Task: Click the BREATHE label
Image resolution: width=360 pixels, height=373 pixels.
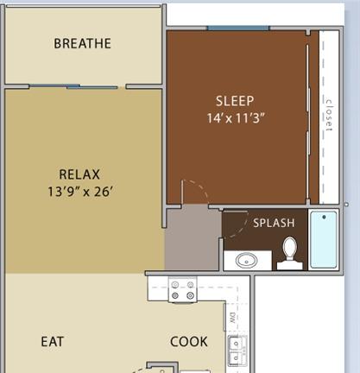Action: pyautogui.click(x=82, y=43)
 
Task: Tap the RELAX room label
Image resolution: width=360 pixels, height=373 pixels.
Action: pyautogui.click(x=79, y=174)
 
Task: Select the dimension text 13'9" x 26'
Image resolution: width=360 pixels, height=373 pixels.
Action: pyautogui.click(x=79, y=192)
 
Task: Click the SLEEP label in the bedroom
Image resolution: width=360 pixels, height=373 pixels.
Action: pyautogui.click(x=235, y=101)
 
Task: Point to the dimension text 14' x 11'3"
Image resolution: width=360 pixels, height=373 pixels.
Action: pyautogui.click(x=236, y=118)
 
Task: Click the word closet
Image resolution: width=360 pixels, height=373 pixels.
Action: pyautogui.click(x=329, y=115)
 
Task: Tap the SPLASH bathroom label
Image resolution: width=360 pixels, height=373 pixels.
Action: pyautogui.click(x=274, y=223)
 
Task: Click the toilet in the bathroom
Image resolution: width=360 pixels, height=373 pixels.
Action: pyautogui.click(x=290, y=254)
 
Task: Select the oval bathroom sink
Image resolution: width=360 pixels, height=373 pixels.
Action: pyautogui.click(x=246, y=261)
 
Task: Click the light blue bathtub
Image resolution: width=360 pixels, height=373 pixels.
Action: pyautogui.click(x=324, y=239)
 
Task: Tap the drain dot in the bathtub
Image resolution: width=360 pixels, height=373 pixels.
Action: pyautogui.click(x=325, y=217)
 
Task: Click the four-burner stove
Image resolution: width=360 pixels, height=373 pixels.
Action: pyautogui.click(x=182, y=290)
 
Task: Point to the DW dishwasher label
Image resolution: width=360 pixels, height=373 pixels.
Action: pyautogui.click(x=233, y=318)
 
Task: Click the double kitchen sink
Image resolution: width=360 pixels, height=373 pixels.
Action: pyautogui.click(x=237, y=351)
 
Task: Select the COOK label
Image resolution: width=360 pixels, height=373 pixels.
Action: pyautogui.click(x=189, y=342)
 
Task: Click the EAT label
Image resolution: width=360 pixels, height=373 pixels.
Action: pyautogui.click(x=53, y=342)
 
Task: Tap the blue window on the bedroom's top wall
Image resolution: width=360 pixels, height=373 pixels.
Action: pyautogui.click(x=238, y=28)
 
